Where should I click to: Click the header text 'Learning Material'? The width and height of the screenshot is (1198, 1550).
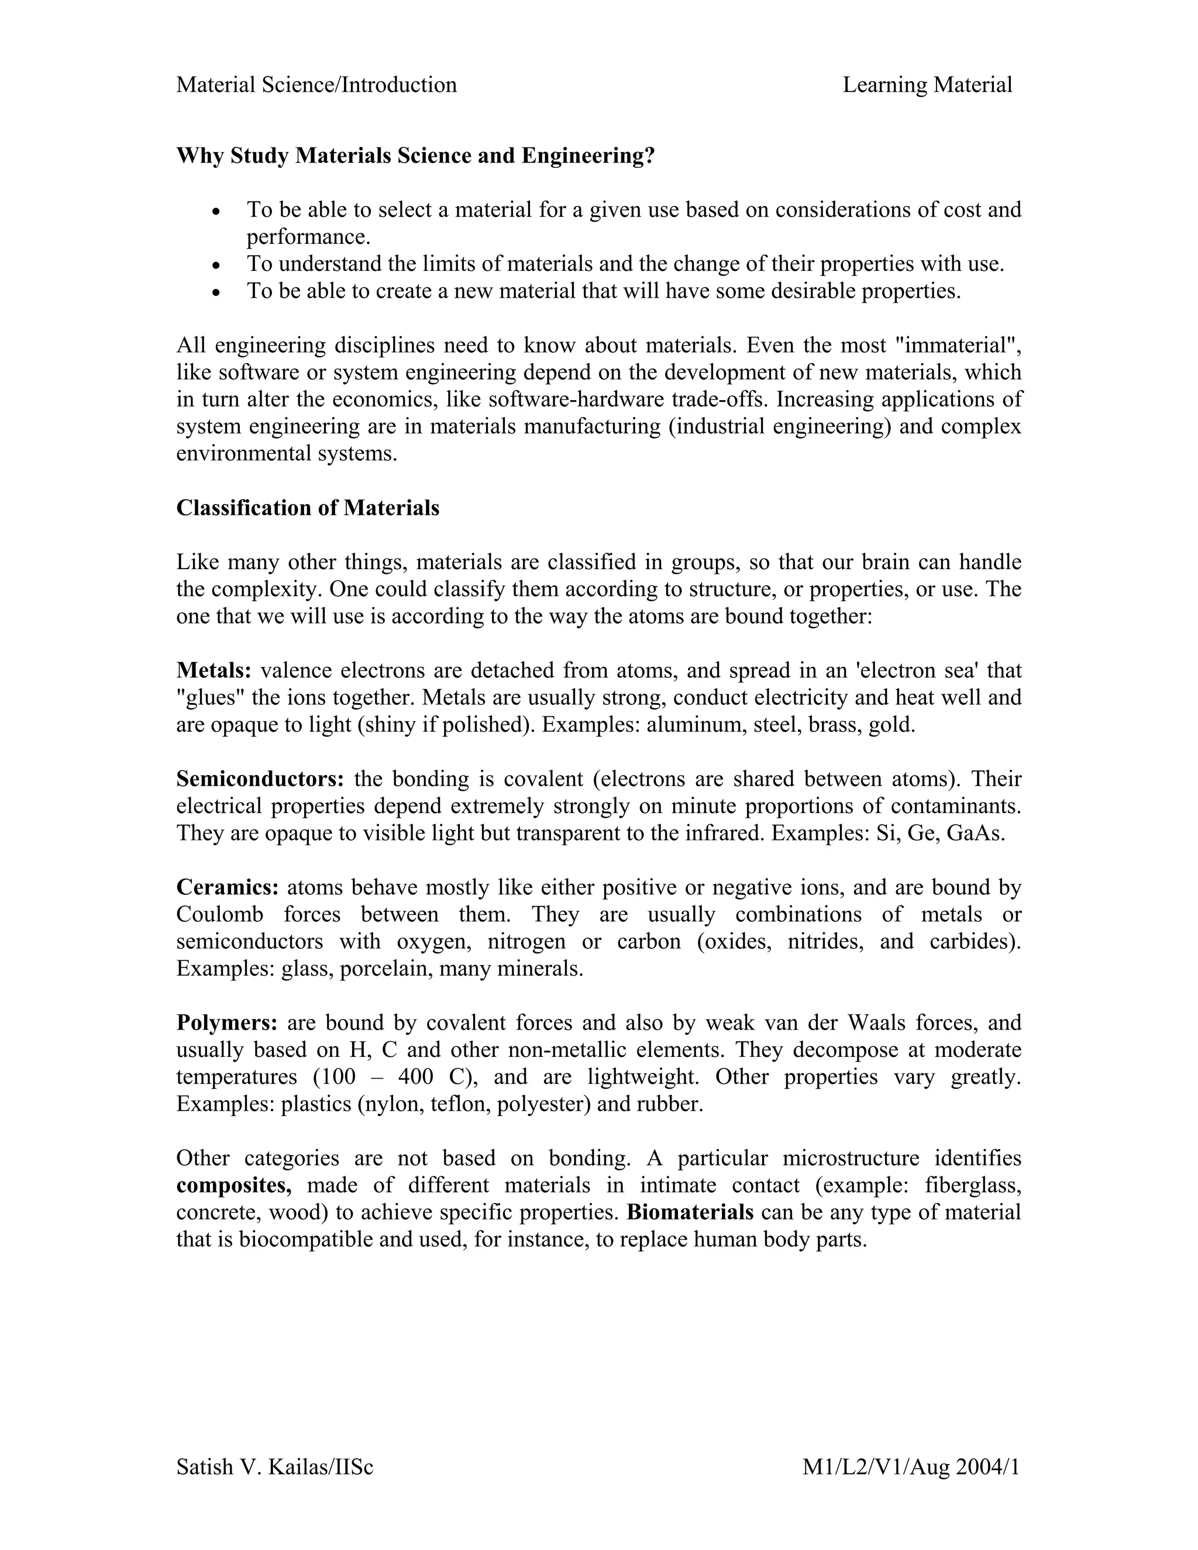(927, 85)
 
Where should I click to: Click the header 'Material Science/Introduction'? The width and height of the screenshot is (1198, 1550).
(316, 85)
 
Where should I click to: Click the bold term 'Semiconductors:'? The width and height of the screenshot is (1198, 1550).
(260, 779)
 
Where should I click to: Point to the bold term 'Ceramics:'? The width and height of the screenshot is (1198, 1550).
(227, 888)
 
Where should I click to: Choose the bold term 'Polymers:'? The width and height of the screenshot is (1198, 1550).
(227, 1022)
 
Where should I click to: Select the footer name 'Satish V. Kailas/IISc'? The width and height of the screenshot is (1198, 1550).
(275, 1467)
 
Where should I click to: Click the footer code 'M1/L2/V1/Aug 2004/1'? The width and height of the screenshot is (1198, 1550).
(911, 1467)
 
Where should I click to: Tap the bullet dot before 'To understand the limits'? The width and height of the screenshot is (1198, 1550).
(217, 266)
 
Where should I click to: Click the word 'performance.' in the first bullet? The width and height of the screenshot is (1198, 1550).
(309, 237)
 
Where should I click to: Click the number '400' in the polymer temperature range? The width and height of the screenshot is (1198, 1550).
(415, 1077)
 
